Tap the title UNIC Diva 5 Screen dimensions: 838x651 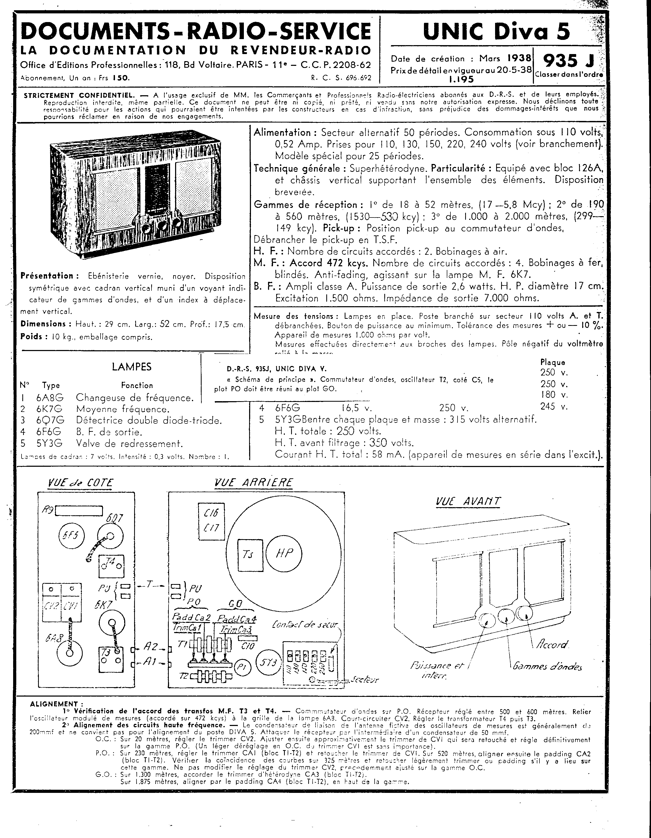coord(496,31)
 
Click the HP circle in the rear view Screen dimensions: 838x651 coord(284,553)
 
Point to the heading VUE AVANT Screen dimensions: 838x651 coord(468,501)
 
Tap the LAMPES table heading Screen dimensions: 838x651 coord(132,367)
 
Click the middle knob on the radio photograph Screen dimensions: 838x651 coord(162,225)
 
